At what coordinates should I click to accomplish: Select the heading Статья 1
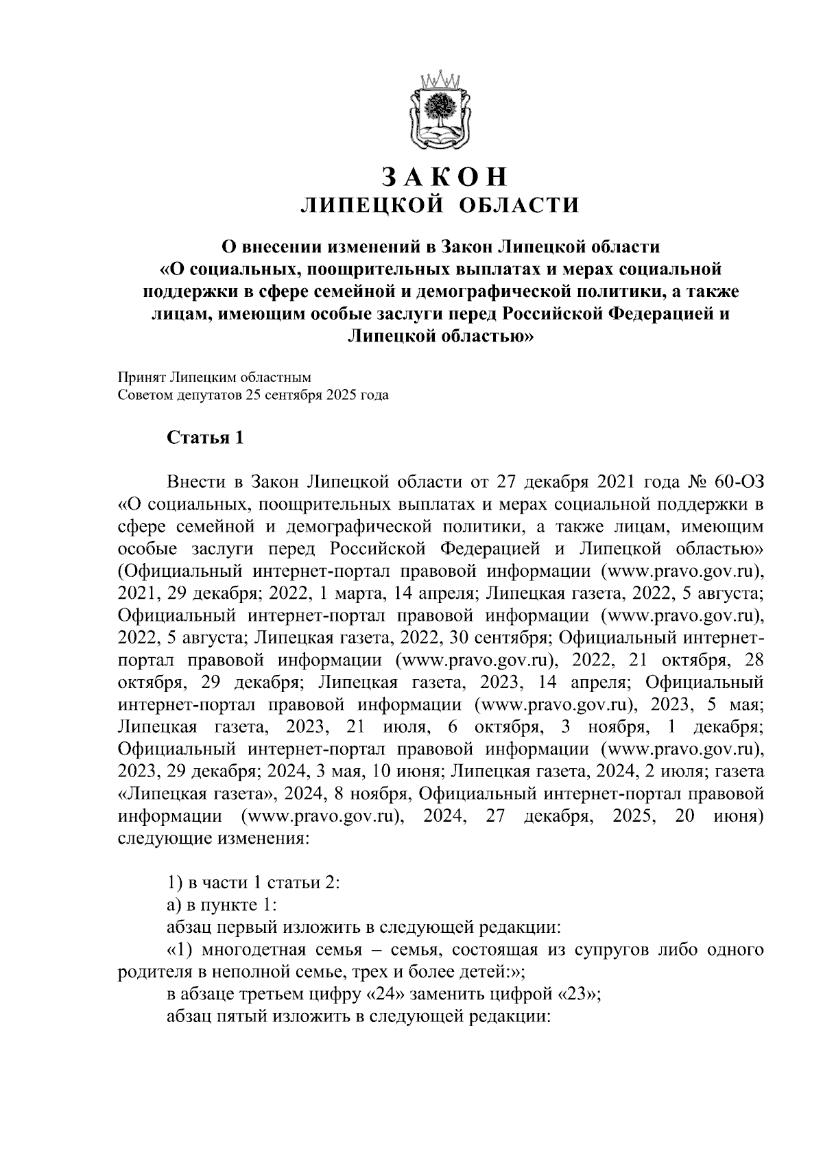205,438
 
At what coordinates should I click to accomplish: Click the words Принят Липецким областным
215,377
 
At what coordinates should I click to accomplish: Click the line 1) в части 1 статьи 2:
254,882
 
